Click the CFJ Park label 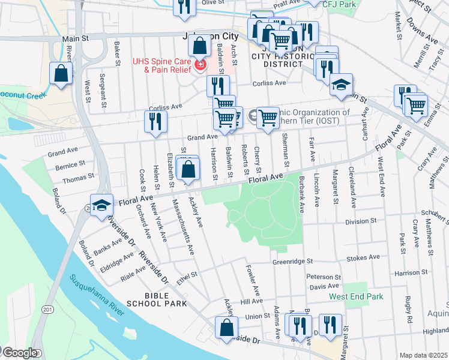tap(339, 4)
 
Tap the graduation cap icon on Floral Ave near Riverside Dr tap(101, 205)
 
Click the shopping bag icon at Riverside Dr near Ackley tap(226, 327)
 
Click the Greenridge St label tap(293, 261)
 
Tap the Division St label tap(360, 221)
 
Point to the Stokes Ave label tap(363, 257)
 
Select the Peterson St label tap(324, 277)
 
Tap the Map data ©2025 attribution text tap(423, 355)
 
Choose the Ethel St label tap(187, 278)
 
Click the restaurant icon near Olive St tap(184, 6)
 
